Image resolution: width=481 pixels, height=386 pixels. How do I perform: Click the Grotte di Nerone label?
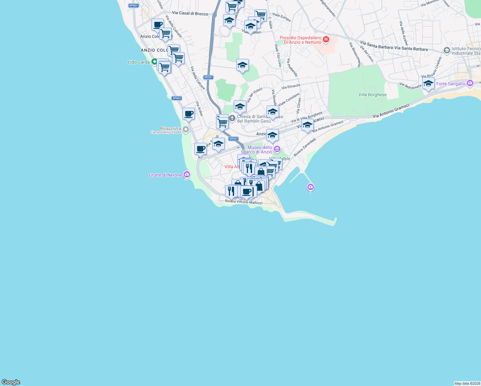click(x=165, y=175)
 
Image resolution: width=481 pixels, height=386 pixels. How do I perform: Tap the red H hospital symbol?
click(x=326, y=40)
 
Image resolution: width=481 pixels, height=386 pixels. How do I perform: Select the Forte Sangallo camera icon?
click(x=470, y=83)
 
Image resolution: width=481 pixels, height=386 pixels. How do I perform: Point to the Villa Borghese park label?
click(x=372, y=95)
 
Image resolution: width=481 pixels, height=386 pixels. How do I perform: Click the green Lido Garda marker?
click(x=154, y=61)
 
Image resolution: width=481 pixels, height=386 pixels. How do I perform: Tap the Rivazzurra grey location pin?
click(x=186, y=130)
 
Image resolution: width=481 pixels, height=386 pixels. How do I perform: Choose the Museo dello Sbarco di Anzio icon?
click(x=277, y=149)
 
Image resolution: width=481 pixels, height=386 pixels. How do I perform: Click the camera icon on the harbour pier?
click(x=310, y=187)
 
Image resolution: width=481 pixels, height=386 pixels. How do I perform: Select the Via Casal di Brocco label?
click(x=190, y=13)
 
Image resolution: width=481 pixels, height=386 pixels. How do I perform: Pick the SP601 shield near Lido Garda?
click(x=177, y=98)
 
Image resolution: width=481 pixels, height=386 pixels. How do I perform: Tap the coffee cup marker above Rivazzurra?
click(x=189, y=114)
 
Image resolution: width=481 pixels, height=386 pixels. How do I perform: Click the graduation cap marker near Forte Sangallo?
click(x=428, y=84)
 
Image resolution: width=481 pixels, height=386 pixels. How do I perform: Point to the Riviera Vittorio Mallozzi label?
click(x=243, y=202)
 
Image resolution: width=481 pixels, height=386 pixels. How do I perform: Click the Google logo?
click(x=11, y=382)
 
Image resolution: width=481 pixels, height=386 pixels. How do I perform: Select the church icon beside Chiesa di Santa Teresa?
click(x=232, y=118)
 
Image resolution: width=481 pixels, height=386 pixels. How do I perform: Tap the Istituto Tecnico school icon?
click(x=446, y=51)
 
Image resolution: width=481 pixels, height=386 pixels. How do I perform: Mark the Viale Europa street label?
click(x=281, y=17)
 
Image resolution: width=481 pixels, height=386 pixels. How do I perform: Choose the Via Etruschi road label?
click(x=291, y=87)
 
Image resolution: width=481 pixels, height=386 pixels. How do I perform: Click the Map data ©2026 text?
click(x=467, y=383)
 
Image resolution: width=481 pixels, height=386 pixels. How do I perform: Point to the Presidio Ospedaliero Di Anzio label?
click(x=300, y=40)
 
